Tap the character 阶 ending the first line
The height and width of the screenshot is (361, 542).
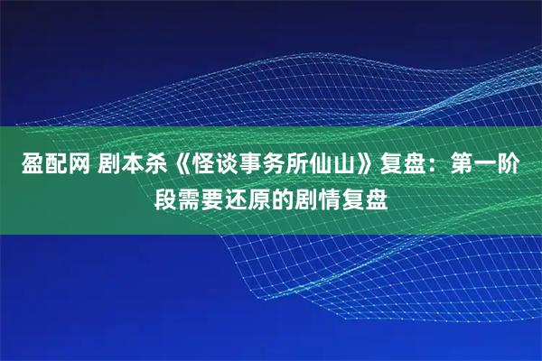tap(519, 165)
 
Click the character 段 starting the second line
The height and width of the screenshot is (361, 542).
tap(164, 198)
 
